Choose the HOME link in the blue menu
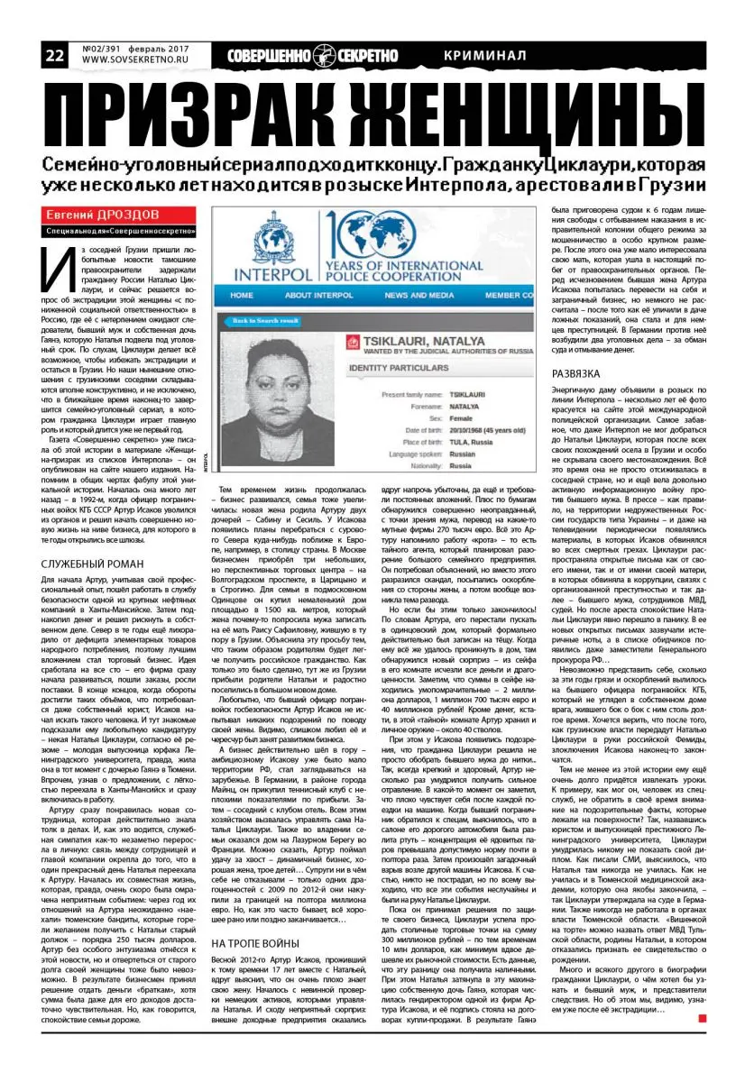(x=242, y=295)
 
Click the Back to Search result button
(x=264, y=321)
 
